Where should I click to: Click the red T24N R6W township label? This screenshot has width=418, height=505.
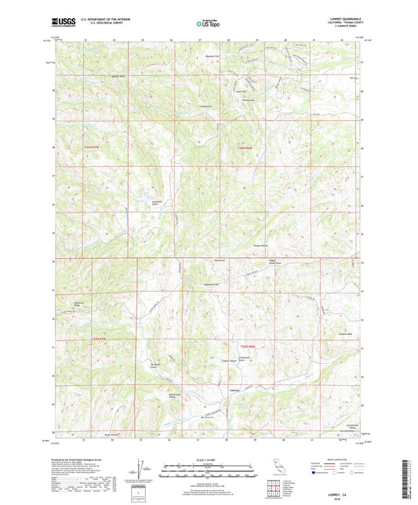tap(246, 147)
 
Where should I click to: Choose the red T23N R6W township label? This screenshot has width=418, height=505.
tap(246, 347)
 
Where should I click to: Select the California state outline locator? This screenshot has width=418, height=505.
tap(280, 474)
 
